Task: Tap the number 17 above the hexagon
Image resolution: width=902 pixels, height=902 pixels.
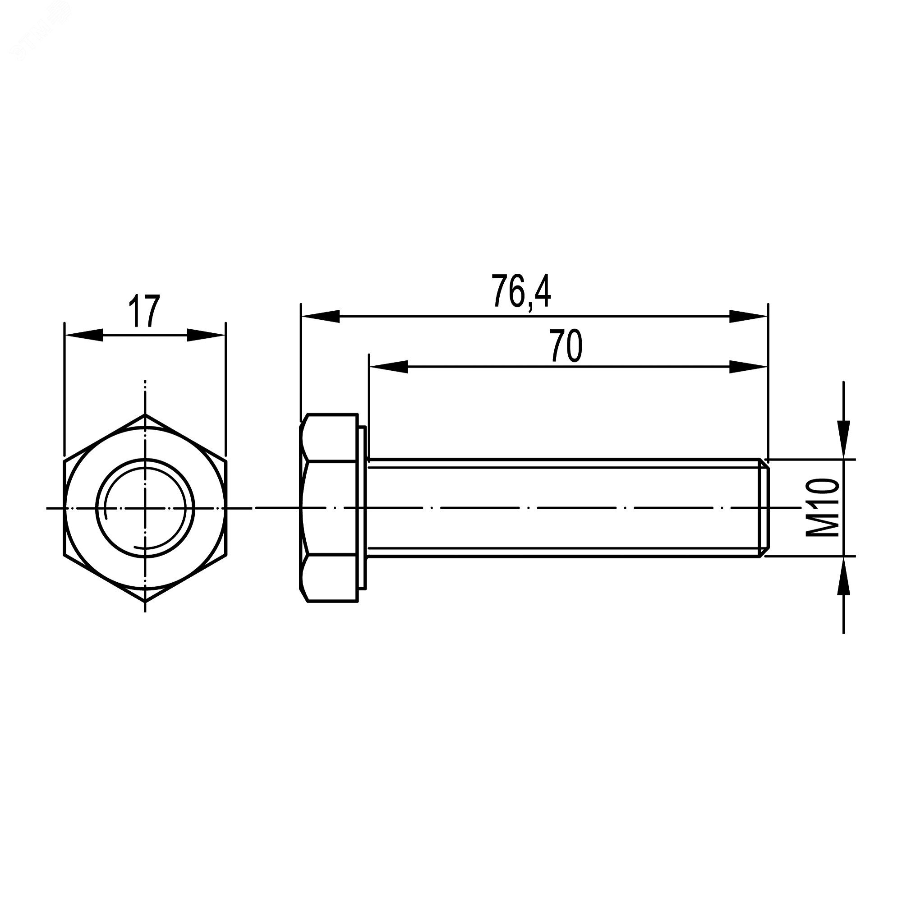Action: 144,311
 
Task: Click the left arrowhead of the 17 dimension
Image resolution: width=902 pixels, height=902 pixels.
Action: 84,335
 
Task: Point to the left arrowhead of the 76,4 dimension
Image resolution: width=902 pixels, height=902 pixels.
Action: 320,316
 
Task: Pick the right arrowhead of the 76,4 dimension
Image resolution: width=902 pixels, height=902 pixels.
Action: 748,316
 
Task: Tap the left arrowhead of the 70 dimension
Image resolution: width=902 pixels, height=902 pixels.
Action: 388,367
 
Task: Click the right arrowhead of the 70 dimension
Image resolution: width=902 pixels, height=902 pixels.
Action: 748,367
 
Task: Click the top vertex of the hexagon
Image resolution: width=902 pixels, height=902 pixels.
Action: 145,414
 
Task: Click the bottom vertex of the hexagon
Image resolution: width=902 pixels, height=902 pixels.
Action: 145,601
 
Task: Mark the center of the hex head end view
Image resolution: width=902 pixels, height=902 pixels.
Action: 145,507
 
